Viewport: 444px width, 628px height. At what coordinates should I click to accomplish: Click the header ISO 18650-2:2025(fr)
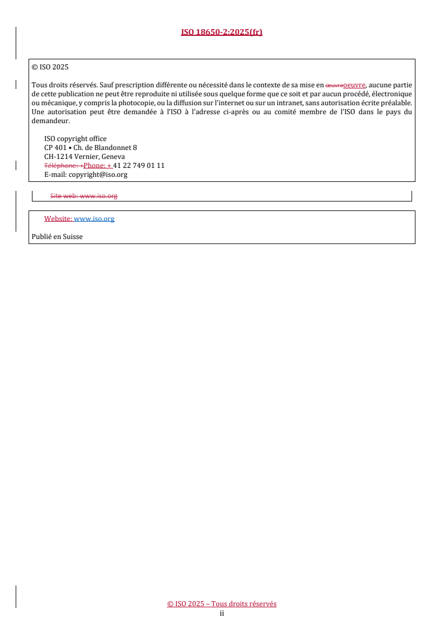[222, 32]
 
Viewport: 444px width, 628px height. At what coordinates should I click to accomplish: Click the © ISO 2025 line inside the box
[50, 67]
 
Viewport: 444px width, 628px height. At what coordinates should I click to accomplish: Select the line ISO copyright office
[75, 139]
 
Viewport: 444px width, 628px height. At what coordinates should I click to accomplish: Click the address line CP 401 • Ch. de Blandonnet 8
[90, 148]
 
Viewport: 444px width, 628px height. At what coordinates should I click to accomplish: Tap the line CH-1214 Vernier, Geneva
[84, 157]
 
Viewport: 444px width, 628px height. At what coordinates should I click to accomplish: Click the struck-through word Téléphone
[60, 166]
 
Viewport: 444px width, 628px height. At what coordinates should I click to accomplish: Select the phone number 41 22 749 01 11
[139, 166]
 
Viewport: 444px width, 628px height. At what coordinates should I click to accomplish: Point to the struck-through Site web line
[83, 196]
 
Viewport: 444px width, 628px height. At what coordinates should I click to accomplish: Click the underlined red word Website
[58, 219]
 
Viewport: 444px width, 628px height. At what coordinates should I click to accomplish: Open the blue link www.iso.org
[94, 219]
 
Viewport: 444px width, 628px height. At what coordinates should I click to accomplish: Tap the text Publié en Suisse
[57, 237]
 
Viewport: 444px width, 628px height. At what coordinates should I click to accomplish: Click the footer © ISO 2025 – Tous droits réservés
[222, 604]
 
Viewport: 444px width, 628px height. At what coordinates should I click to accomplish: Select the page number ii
[222, 613]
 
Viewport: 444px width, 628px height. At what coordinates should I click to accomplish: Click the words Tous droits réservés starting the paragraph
[60, 85]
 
